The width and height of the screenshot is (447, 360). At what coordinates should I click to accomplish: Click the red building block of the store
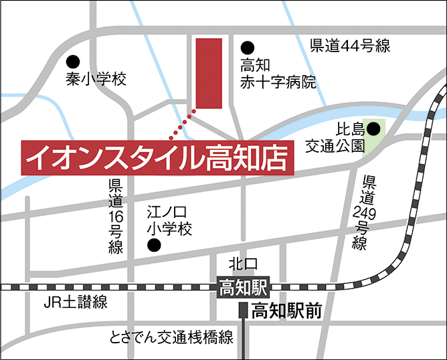pyautogui.click(x=208, y=73)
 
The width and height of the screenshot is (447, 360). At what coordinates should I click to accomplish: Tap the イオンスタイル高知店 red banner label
pyautogui.click(x=159, y=159)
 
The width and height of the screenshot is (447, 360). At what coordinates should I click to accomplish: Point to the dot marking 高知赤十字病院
pyautogui.click(x=248, y=48)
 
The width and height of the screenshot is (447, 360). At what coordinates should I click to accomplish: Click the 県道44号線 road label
pyautogui.click(x=350, y=46)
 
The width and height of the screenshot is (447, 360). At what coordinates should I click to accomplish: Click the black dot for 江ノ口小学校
pyautogui.click(x=154, y=246)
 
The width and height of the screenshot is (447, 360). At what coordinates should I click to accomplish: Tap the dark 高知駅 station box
pyautogui.click(x=243, y=288)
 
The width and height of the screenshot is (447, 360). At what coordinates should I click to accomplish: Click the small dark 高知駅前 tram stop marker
pyautogui.click(x=243, y=310)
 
